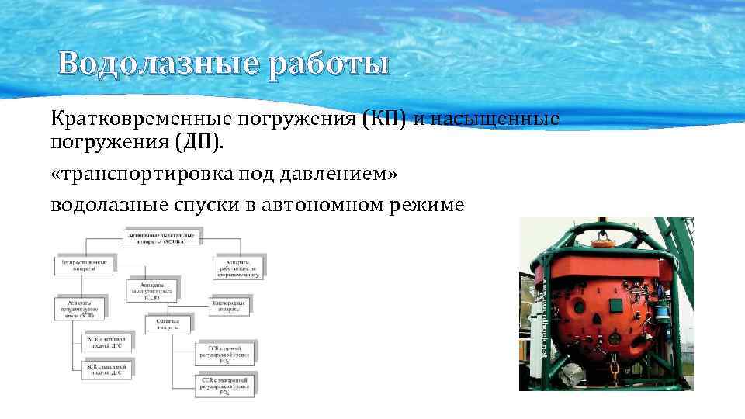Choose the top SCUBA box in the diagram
[161, 237]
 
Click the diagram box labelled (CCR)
[151, 290]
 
